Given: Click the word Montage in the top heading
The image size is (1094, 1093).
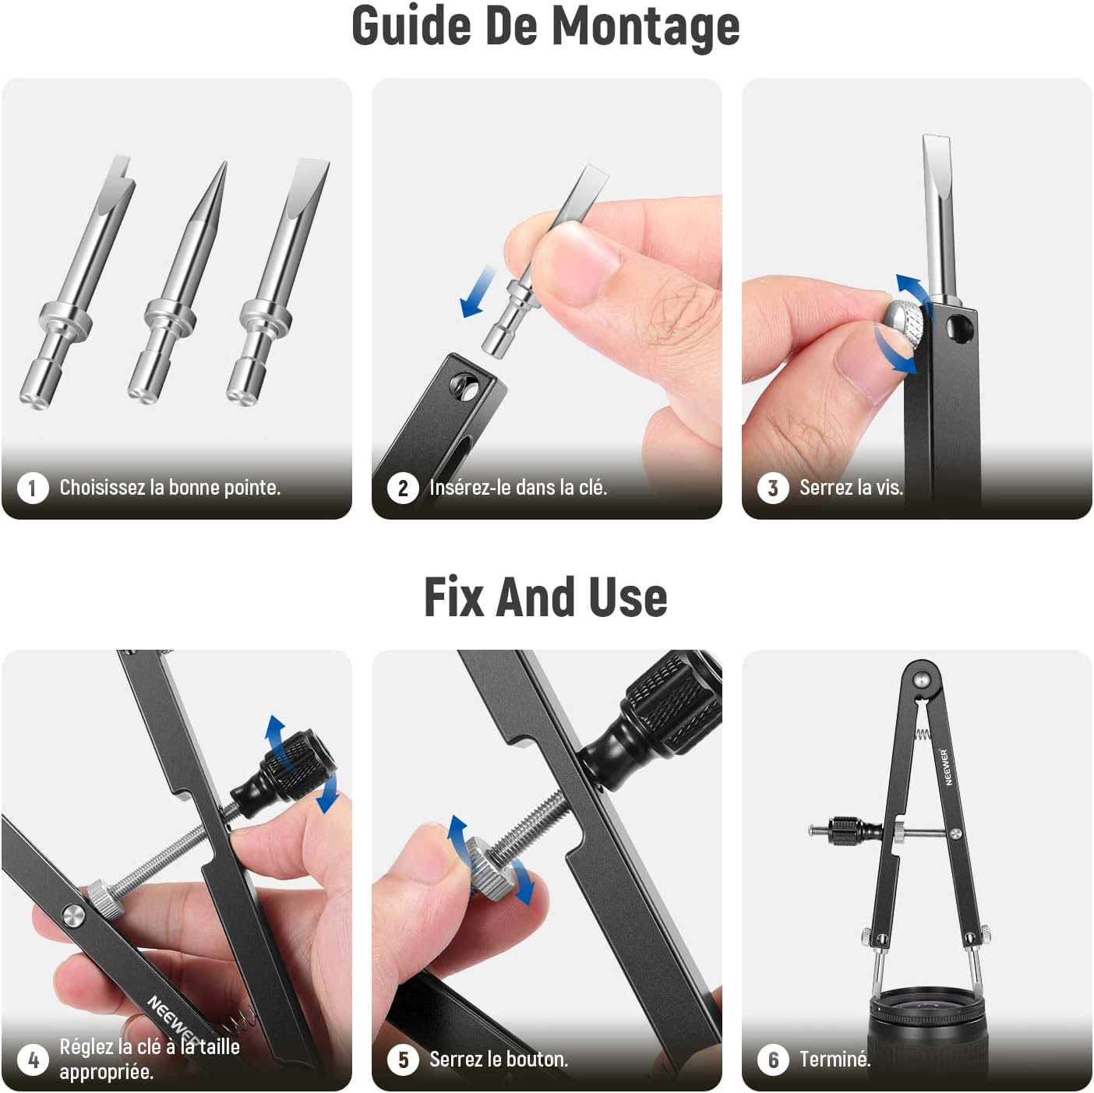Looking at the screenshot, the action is pos(645,27).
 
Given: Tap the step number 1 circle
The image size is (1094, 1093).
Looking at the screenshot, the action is pos(33,488).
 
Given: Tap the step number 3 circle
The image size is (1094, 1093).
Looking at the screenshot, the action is pos(773,488).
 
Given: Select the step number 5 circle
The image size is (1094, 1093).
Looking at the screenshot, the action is pos(403,1060).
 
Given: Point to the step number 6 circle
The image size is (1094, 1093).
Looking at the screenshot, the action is pos(773,1060).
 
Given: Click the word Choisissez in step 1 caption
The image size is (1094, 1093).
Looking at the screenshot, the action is pos(102,487).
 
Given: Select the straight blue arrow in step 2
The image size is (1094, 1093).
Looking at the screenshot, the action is pos(477,292).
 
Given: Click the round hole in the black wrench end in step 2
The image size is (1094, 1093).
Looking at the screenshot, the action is pos(465,387).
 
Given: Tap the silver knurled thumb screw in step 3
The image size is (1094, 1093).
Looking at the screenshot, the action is pos(906,327).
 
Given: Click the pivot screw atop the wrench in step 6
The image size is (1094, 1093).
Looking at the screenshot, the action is pos(923,679).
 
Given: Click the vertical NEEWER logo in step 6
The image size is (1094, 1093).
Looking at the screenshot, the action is pos(944,767).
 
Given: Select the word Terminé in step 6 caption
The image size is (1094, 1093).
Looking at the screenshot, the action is pos(835,1059).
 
